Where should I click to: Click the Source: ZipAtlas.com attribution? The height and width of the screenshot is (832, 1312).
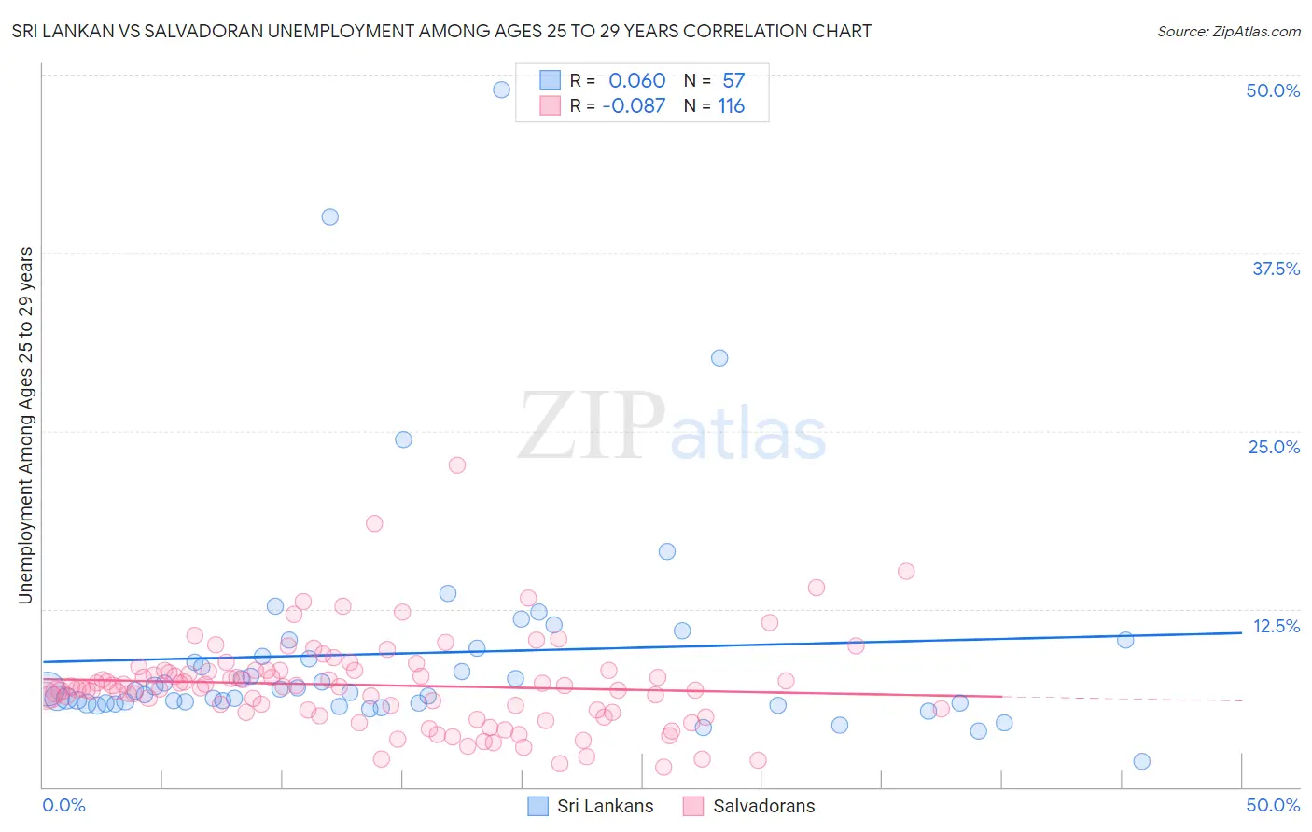point(1228,31)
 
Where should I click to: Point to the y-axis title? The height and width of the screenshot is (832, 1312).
point(25,424)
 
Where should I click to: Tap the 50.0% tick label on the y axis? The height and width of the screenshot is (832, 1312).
point(1273,90)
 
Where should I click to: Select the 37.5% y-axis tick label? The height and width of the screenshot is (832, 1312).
point(1276,269)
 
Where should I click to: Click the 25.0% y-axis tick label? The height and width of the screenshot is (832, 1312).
point(1274,447)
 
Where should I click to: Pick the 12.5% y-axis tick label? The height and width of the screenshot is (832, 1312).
point(1276,626)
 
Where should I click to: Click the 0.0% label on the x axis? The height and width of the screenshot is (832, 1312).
point(63,805)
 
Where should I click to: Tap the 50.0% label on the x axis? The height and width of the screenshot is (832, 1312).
point(1273,805)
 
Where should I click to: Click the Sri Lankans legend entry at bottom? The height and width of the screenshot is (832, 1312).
point(591,806)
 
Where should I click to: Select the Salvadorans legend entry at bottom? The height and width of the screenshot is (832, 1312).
point(749,806)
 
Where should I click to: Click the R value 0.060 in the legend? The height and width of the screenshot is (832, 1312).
point(636,80)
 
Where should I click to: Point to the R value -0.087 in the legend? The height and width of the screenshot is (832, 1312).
point(634,105)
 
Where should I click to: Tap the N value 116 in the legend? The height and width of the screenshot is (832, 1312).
point(732,105)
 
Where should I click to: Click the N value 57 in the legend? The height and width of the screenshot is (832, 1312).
point(733,80)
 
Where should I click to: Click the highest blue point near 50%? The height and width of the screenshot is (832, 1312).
point(501,90)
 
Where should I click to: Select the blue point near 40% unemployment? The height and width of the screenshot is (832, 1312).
point(329,216)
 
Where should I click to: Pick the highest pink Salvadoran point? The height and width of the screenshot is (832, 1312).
point(456,465)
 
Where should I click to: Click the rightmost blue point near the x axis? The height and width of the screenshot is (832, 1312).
point(1141,761)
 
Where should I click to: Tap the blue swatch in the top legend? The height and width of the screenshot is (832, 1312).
point(551,80)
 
